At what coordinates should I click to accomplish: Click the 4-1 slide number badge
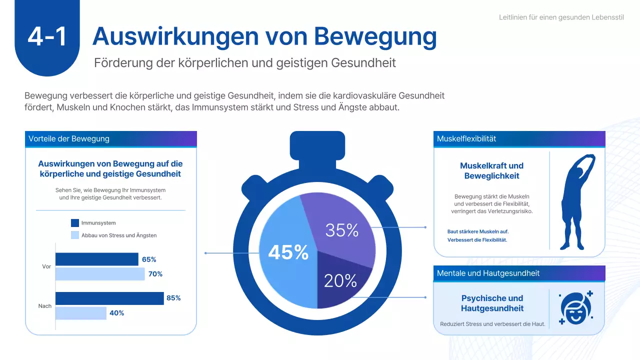(x=47, y=37)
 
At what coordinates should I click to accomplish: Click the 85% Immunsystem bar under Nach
(x=109, y=298)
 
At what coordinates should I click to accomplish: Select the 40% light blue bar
(x=80, y=313)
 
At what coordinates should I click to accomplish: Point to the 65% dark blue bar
(x=96, y=259)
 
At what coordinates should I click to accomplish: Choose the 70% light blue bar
(x=99, y=274)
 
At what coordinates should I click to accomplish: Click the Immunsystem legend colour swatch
(x=75, y=223)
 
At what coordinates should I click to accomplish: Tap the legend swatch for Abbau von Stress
(x=75, y=235)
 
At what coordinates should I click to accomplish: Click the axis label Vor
(x=46, y=266)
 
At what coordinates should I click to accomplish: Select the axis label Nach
(x=45, y=305)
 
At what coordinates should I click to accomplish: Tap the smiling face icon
(x=575, y=307)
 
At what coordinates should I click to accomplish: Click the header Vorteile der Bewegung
(x=69, y=138)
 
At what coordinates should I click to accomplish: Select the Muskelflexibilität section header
(x=466, y=138)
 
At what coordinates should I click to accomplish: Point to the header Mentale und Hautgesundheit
(x=488, y=273)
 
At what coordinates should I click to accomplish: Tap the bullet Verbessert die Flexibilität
(x=477, y=240)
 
